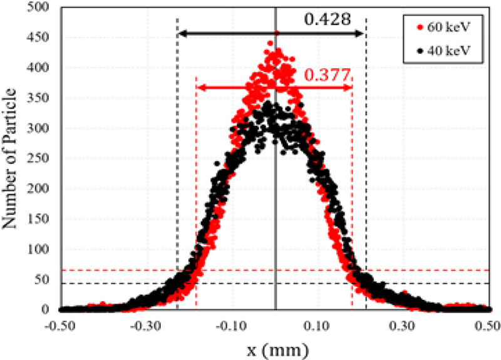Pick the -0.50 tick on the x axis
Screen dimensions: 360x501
click(61, 326)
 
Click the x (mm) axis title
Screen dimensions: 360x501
click(276, 348)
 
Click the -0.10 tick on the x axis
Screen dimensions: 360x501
click(232, 326)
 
